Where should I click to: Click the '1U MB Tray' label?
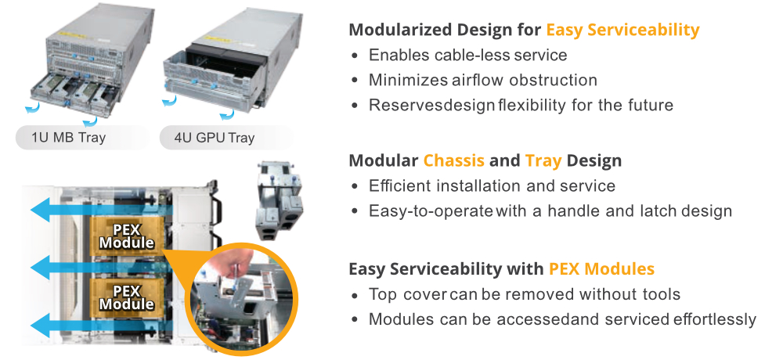point(68,137)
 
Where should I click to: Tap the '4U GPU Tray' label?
point(215,137)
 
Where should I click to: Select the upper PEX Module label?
point(127,236)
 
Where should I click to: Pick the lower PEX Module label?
point(127,297)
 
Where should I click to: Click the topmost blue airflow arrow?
point(100,209)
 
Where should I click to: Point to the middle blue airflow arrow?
point(100,268)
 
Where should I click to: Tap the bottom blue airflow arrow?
point(100,326)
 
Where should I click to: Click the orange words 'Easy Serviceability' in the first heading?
point(622,30)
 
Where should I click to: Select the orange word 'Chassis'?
point(454,160)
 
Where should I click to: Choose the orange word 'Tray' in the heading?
point(543,161)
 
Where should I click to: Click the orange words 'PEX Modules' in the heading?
point(601,268)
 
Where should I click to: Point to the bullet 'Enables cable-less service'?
point(468,55)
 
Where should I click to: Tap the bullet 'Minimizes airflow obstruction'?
point(483,80)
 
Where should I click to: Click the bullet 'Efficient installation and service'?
point(492,185)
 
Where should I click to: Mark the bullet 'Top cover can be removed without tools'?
point(525,294)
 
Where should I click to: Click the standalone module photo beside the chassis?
point(280,200)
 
